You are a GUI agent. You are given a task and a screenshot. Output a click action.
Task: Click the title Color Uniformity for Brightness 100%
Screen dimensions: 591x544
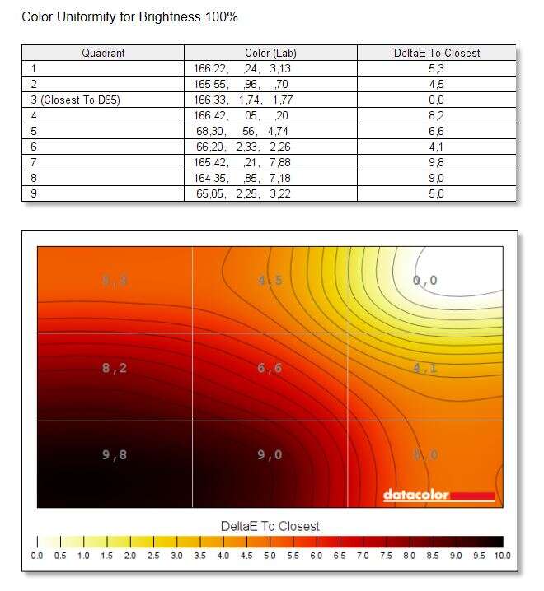click(129, 16)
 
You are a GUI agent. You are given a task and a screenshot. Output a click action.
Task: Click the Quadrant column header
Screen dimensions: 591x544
click(103, 53)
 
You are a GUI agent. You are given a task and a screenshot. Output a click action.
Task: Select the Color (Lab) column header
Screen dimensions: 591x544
click(270, 53)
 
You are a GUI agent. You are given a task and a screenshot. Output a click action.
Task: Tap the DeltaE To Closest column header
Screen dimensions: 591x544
click(436, 53)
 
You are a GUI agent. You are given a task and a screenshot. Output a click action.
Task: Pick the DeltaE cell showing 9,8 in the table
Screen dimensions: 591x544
click(436, 162)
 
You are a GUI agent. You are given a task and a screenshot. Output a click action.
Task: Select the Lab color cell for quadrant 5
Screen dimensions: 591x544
click(242, 131)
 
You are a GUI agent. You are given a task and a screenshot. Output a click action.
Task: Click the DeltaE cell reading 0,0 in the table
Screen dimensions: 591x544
click(436, 100)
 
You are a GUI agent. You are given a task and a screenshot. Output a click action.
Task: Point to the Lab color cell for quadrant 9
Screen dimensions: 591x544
click(242, 193)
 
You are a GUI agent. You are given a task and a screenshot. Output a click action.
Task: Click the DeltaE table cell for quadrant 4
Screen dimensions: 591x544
click(436, 115)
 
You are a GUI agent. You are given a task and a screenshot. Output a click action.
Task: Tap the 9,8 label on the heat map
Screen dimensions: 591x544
click(115, 454)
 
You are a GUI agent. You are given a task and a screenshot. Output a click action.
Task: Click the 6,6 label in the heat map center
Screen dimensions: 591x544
click(270, 368)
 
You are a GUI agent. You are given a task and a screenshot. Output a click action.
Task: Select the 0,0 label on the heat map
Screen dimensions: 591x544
click(424, 281)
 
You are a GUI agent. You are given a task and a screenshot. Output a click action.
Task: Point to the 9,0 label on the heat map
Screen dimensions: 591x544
click(270, 454)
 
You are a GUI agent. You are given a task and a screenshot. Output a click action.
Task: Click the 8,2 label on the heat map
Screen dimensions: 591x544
click(115, 368)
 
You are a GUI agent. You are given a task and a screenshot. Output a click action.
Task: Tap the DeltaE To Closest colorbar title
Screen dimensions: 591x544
click(270, 525)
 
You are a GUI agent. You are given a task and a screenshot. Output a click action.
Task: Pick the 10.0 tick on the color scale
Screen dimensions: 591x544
click(502, 556)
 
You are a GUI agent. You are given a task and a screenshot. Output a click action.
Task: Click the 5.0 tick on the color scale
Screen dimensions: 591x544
click(270, 556)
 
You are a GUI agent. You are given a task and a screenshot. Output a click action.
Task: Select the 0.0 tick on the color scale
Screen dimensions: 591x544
click(38, 556)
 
